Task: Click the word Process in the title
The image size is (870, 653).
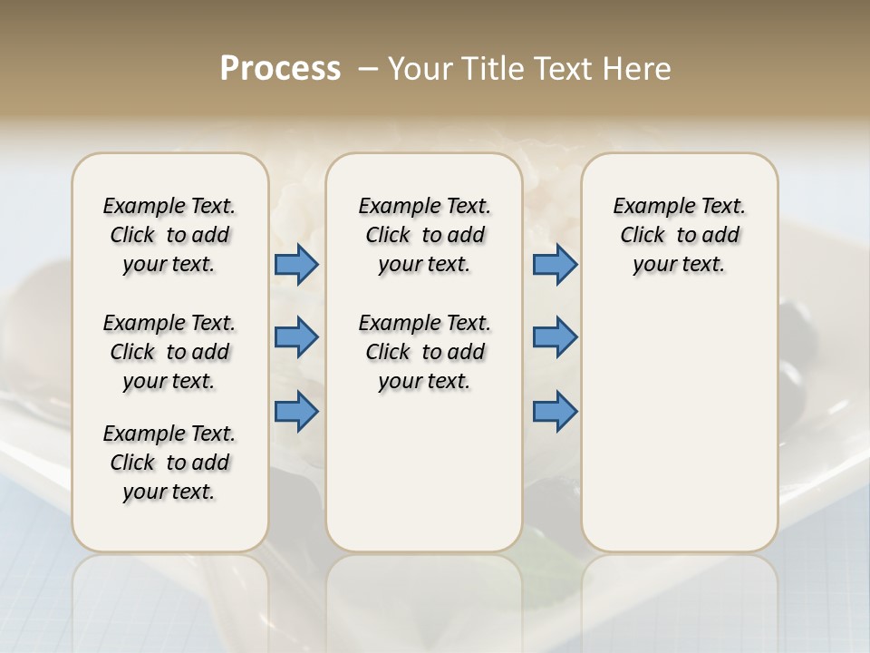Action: coord(280,69)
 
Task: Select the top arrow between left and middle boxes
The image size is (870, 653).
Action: coord(296,265)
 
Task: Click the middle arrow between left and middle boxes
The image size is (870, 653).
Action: coord(296,338)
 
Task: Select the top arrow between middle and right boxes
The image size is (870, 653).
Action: coord(555,265)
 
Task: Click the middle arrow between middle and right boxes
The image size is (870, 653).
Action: coord(555,337)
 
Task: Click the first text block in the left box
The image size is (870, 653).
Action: coord(169,235)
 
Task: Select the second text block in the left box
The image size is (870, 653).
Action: coord(169,352)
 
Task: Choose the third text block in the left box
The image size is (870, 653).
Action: coord(169,463)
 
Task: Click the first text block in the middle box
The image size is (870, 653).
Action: coord(424,235)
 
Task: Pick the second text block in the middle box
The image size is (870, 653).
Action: coord(424,352)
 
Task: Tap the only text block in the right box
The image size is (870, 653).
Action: coord(679,235)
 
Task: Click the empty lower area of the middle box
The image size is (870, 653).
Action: coord(424,472)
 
